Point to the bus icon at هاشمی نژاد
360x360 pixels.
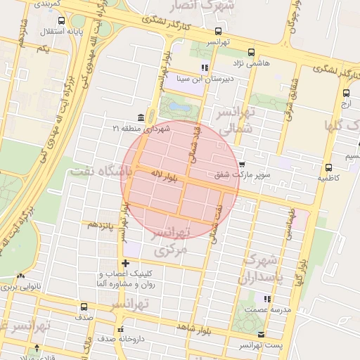click(x=252, y=51)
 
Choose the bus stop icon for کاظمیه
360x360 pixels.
click(x=328, y=167)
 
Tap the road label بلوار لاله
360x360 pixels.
click(x=165, y=177)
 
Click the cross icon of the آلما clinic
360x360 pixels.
click(x=125, y=263)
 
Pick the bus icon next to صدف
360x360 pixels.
click(x=84, y=307)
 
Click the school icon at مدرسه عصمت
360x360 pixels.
click(x=266, y=298)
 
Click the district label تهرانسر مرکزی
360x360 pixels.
click(x=171, y=240)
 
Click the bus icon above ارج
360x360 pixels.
click(x=346, y=93)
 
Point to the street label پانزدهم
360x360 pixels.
click(x=99, y=224)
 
